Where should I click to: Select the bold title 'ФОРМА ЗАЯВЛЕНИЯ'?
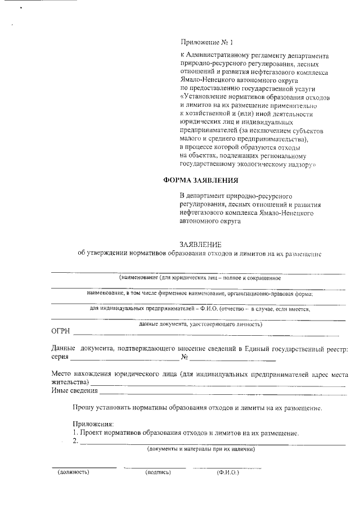pos(201,181)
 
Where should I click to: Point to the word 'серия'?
pos(60,357)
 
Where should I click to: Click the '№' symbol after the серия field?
pos(184,357)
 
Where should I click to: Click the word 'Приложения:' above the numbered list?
pos(93,424)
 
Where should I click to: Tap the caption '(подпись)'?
pos(157,472)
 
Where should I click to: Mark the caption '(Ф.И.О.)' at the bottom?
pos(228,472)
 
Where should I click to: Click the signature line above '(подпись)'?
pos(155,467)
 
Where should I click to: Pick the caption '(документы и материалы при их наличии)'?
pos(201,449)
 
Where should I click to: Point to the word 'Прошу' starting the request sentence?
pos(83,407)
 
